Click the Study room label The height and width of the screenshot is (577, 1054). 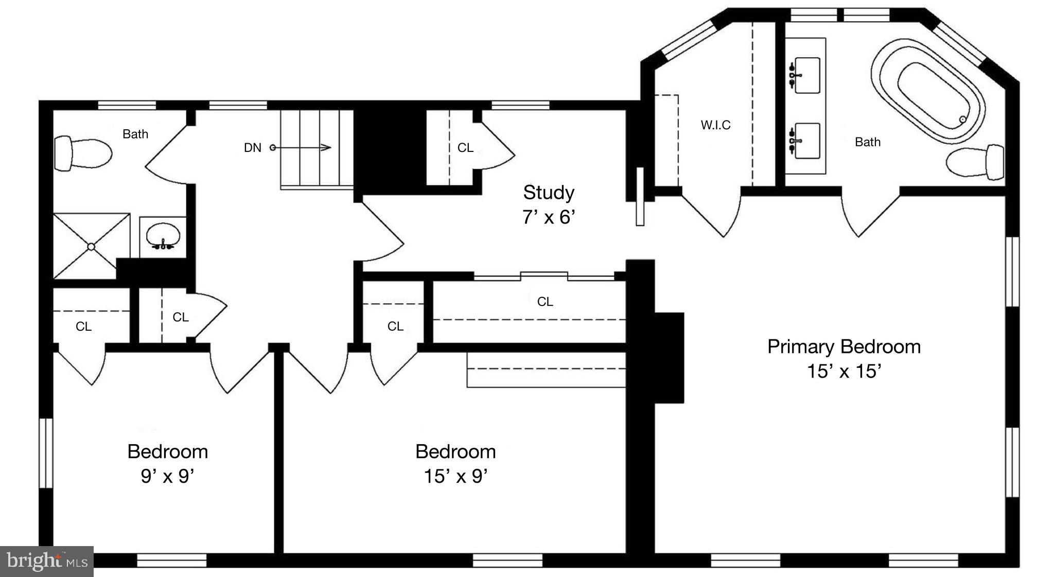tap(549, 192)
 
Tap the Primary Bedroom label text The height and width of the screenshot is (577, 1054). tap(844, 346)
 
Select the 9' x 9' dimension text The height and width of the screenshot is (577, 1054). tap(167, 476)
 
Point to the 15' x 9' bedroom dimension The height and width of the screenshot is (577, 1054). tap(455, 476)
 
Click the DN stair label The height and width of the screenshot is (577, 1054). tap(252, 148)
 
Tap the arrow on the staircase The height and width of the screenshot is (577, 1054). tap(304, 148)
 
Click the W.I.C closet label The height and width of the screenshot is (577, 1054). tap(715, 125)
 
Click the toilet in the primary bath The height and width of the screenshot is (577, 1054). tap(976, 162)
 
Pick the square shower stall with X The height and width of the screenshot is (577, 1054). tap(92, 246)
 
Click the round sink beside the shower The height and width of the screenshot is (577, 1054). tap(163, 236)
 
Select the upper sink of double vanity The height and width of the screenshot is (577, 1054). tap(806, 76)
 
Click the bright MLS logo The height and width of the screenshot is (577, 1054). tap(46, 560)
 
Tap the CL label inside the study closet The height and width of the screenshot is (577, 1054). tap(465, 148)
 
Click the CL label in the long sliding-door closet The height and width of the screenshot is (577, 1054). tap(545, 301)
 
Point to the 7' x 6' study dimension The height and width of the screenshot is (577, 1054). tap(549, 217)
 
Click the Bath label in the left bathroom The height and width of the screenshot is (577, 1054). tap(135, 134)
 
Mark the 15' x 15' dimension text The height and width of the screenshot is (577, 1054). tap(844, 371)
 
